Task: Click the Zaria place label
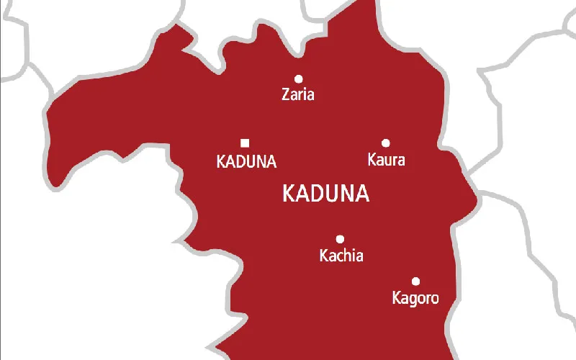tap(298, 94)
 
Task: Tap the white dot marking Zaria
tap(298, 78)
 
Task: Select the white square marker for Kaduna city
tap(245, 143)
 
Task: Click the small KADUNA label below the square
tap(246, 162)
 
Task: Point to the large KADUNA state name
tap(325, 194)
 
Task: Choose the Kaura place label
tap(386, 160)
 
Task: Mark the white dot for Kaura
tap(386, 143)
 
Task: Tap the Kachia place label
tap(341, 256)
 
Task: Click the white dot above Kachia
tap(340, 239)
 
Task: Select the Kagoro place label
tap(414, 297)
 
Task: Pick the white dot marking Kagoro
tap(415, 281)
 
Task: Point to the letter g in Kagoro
tap(413, 299)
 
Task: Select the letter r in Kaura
tap(393, 161)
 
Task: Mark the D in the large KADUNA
tap(318, 194)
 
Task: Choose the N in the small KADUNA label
tap(258, 162)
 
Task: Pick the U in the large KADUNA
tap(333, 194)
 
